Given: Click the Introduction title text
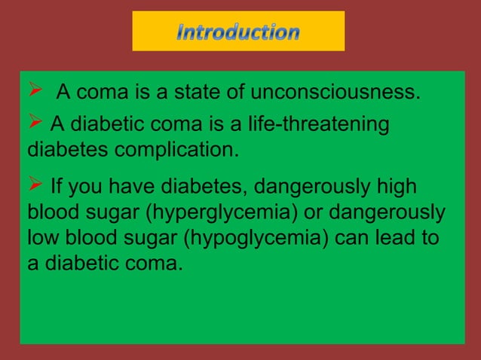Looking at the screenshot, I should [238, 32].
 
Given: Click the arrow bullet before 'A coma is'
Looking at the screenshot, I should [34, 93].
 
